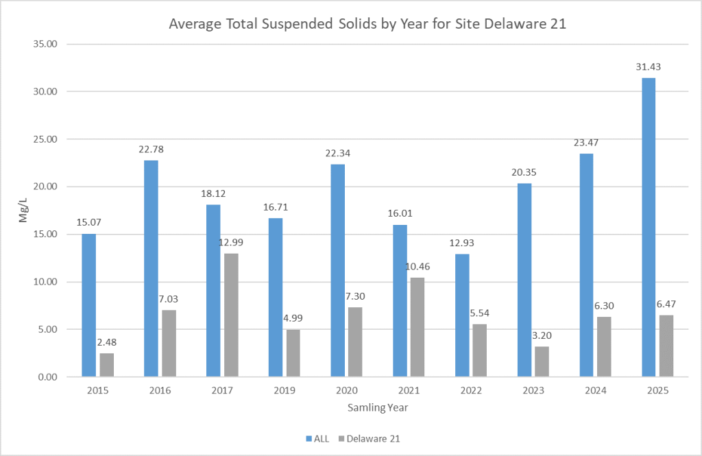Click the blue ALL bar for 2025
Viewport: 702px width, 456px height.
pyautogui.click(x=649, y=227)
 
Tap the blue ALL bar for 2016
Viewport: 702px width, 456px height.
pyautogui.click(x=151, y=268)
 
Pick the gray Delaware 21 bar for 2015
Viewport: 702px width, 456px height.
pyautogui.click(x=106, y=365)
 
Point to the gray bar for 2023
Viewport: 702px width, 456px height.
pyautogui.click(x=542, y=361)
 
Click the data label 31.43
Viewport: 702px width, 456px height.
pyautogui.click(x=649, y=67)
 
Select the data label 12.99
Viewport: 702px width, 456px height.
pyautogui.click(x=231, y=242)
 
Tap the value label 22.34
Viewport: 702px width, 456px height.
pyautogui.click(x=338, y=153)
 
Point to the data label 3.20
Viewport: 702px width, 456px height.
pyautogui.click(x=542, y=335)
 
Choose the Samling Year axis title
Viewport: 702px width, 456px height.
pyautogui.click(x=377, y=407)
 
